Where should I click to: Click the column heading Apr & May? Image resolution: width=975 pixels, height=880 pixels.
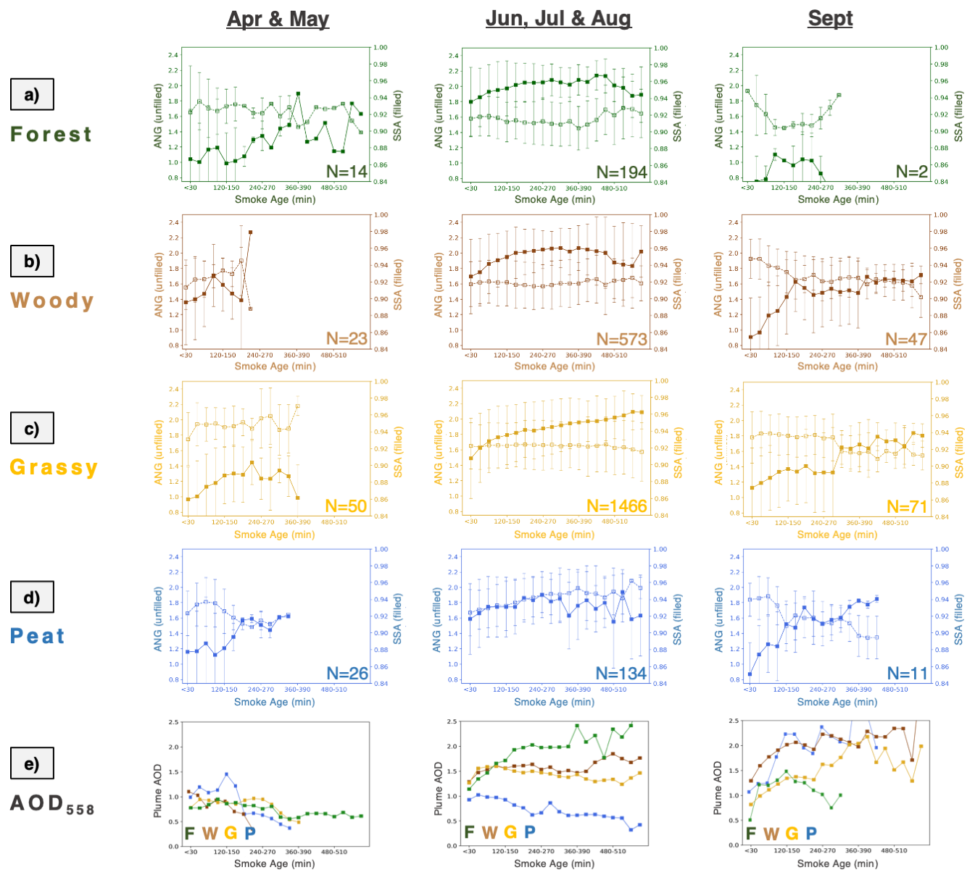pyautogui.click(x=278, y=19)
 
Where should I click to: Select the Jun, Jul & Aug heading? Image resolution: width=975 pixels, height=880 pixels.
pyautogui.click(x=558, y=18)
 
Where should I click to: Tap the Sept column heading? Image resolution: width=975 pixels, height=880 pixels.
pyautogui.click(x=830, y=19)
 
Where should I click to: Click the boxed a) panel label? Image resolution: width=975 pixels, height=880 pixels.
pyautogui.click(x=32, y=95)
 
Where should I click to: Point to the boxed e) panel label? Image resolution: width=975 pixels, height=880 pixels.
pyautogui.click(x=32, y=763)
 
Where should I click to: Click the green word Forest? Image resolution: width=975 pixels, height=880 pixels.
pyautogui.click(x=51, y=135)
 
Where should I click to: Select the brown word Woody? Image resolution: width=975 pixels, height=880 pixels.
pyautogui.click(x=52, y=301)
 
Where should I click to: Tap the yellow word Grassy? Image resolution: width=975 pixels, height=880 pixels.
pyautogui.click(x=54, y=467)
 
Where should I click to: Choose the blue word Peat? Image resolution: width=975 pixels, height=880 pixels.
pyautogui.click(x=38, y=636)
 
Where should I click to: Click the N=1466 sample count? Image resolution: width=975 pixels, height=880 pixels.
pyautogui.click(x=616, y=506)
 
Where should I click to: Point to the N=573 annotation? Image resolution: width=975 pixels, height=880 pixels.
pyautogui.click(x=621, y=339)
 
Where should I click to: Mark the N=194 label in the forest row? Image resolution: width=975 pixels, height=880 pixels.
pyautogui.click(x=621, y=172)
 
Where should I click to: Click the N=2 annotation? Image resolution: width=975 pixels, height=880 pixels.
pyautogui.click(x=911, y=172)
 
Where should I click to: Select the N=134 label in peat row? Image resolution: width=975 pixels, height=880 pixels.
pyautogui.click(x=621, y=674)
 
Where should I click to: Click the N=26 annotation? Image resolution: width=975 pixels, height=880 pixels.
pyautogui.click(x=347, y=674)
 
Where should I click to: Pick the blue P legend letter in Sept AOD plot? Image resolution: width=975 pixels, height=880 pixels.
pyautogui.click(x=811, y=834)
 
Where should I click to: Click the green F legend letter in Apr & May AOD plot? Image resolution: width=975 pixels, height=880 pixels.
pyautogui.click(x=190, y=833)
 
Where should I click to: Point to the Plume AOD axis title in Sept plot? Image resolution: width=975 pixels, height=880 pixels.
pyautogui.click(x=718, y=787)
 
